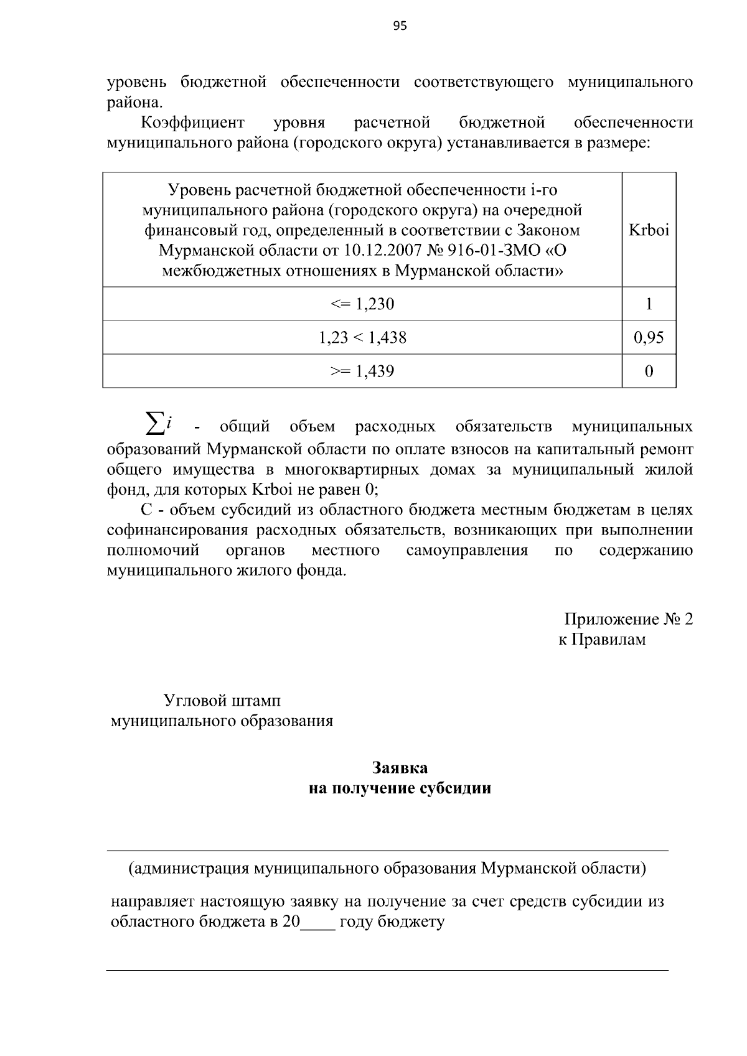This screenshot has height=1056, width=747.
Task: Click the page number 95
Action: tap(400, 26)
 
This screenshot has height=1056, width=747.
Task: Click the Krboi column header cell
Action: tap(649, 230)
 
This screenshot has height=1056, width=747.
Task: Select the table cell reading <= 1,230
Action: tap(362, 304)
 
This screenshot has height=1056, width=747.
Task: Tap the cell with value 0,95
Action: tap(649, 338)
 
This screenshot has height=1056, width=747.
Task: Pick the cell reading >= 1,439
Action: tap(362, 371)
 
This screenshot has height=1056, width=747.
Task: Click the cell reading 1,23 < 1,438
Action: tap(362, 338)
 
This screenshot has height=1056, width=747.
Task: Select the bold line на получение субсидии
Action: tap(400, 788)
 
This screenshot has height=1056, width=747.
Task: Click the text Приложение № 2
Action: tap(628, 619)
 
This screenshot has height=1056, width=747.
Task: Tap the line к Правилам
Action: tap(601, 640)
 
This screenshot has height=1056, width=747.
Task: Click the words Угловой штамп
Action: tap(222, 701)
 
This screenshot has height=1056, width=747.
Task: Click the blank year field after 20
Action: tap(317, 923)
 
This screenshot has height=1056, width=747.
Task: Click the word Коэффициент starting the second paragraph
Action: tap(193, 123)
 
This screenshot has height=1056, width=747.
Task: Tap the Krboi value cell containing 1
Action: tap(649, 304)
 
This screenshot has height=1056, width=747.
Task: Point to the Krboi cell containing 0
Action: tap(649, 371)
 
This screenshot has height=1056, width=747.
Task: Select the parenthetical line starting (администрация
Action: tap(387, 868)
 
